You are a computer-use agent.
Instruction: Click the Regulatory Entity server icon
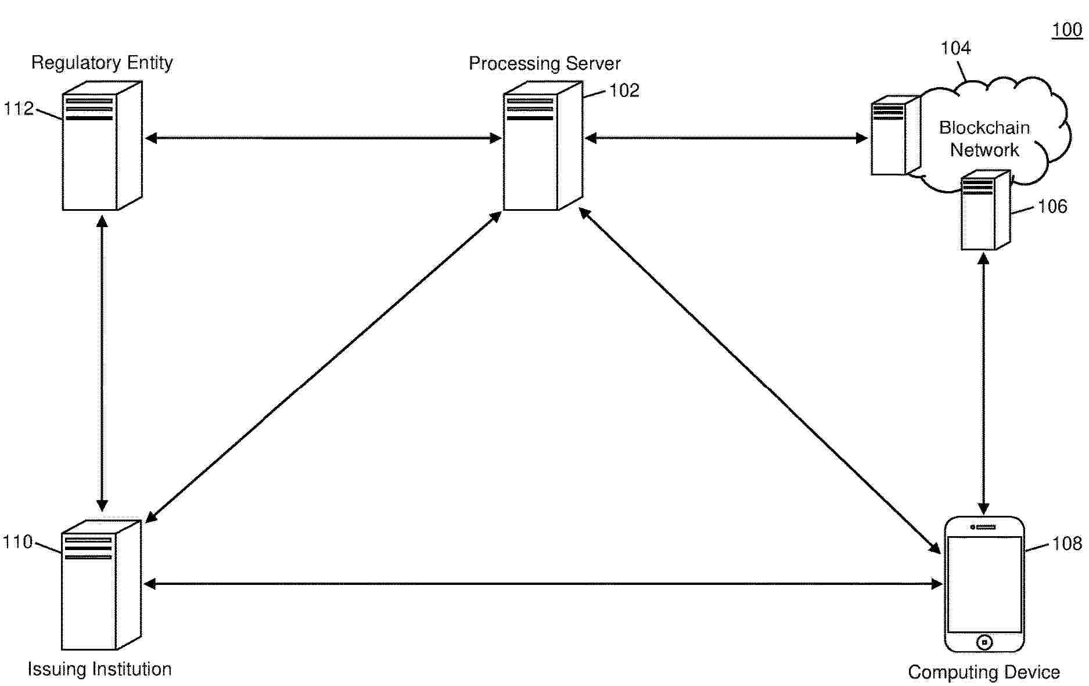(102, 145)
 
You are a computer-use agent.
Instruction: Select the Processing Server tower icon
(543, 145)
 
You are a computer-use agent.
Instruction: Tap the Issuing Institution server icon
(101, 584)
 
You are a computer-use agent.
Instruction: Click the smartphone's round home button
(984, 642)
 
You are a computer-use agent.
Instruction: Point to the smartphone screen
(984, 584)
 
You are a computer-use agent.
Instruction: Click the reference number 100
(1067, 30)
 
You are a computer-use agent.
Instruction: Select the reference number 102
(624, 91)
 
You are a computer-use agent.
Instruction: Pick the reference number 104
(955, 48)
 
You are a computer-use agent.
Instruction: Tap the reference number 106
(1052, 206)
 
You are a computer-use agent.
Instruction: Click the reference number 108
(1067, 543)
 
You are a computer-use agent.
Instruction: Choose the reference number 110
(18, 542)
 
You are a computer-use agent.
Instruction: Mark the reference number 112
(19, 109)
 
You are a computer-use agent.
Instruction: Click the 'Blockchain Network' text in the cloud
(984, 139)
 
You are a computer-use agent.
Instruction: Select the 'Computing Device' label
(984, 672)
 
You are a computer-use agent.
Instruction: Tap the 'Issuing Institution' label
(100, 669)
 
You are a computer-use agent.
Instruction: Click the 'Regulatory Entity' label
(102, 63)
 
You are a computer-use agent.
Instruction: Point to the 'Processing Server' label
(545, 63)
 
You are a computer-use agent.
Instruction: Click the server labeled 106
(986, 210)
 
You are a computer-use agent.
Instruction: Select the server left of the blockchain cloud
(896, 135)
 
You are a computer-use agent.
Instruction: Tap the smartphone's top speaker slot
(985, 527)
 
